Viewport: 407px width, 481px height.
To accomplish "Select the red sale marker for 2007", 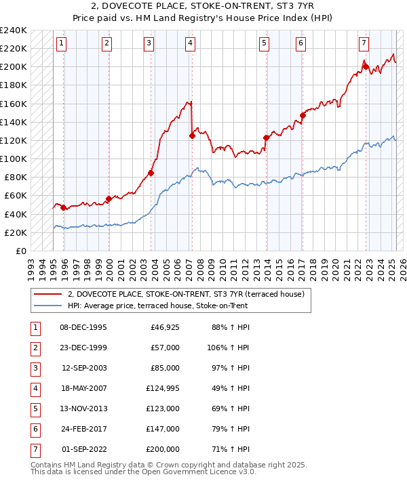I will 192,135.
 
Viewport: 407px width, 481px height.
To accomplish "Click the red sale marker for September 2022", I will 366,66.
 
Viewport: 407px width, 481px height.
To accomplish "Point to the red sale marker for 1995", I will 63,207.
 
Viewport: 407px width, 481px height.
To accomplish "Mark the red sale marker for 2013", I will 267,138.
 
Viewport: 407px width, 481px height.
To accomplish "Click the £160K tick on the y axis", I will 14,104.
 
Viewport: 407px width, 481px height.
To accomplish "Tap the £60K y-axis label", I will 16,196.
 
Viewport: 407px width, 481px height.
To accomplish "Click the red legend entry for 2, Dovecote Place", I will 189,294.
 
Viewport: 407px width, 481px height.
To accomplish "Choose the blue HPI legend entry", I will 157,306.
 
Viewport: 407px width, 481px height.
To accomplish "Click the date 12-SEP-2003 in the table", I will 84,369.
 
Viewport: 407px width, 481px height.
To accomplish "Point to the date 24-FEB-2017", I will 84,429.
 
